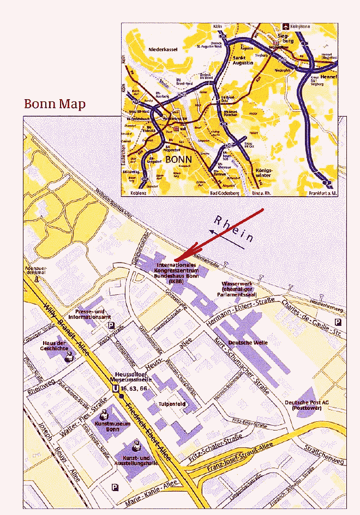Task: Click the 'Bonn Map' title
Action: coord(55,104)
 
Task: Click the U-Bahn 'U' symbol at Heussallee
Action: coord(115,389)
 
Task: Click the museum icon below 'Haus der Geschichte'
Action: coord(69,356)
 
